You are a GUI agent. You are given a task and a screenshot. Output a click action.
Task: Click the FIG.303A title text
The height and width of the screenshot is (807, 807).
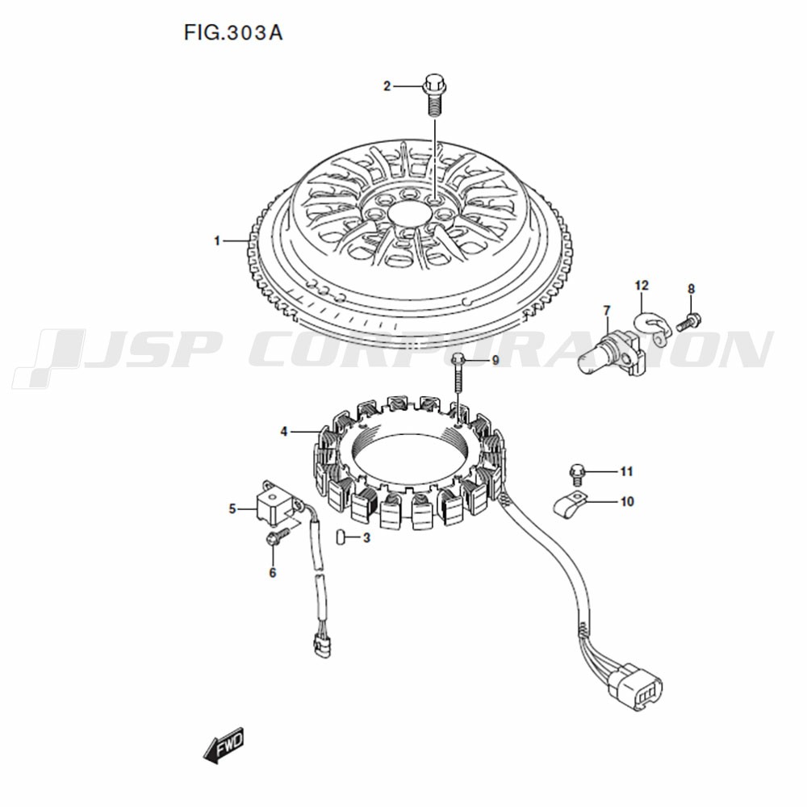click(233, 33)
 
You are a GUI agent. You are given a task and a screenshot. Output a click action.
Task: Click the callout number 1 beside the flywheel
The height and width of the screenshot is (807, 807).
click(217, 240)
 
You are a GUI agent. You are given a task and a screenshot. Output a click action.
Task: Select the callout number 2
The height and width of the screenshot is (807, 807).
click(387, 86)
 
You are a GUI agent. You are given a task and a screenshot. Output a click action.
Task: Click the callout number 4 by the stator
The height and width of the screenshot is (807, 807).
click(283, 432)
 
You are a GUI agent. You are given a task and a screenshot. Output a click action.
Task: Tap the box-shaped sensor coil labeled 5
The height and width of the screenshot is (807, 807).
click(276, 502)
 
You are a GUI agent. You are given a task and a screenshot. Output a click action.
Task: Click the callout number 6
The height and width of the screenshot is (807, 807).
click(272, 572)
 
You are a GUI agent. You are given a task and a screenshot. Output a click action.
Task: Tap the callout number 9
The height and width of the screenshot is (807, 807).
click(495, 360)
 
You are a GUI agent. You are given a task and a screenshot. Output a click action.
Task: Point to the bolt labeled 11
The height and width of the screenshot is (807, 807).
click(577, 474)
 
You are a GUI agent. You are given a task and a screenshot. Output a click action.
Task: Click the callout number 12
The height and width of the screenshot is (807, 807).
click(642, 285)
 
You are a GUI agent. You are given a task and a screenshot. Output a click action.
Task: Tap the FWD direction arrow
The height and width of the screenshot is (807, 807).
click(224, 746)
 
